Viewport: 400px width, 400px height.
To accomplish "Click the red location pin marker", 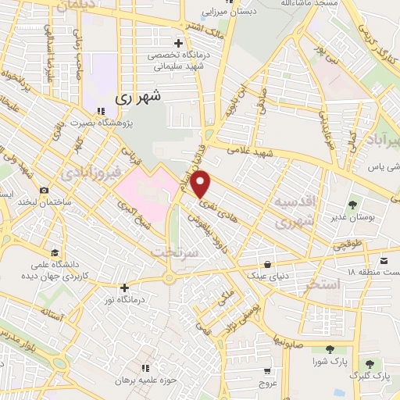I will coord(201,183).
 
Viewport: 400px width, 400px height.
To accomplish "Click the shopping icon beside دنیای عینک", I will coord(269,264).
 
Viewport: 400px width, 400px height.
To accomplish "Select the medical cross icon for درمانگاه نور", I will coord(123,287).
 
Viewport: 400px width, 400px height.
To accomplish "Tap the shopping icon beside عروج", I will coord(268,371).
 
